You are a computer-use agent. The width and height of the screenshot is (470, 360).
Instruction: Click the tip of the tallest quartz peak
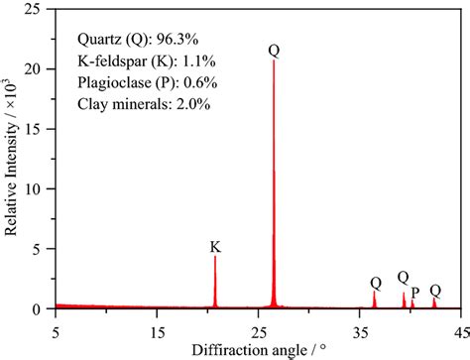[x=273, y=61]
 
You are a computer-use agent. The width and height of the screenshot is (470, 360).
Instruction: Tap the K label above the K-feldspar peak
[x=215, y=246]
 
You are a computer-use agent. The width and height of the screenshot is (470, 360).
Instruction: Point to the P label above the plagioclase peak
[x=414, y=293]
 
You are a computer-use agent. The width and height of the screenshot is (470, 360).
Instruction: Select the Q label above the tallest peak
[x=274, y=50]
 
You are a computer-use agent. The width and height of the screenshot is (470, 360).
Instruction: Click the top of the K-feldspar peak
[x=215, y=257]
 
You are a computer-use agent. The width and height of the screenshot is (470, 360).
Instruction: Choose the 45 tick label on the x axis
[x=459, y=324]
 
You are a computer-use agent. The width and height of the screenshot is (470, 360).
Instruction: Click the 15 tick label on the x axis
[x=157, y=324]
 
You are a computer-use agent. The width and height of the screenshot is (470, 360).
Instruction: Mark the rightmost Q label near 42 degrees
[x=435, y=290]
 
